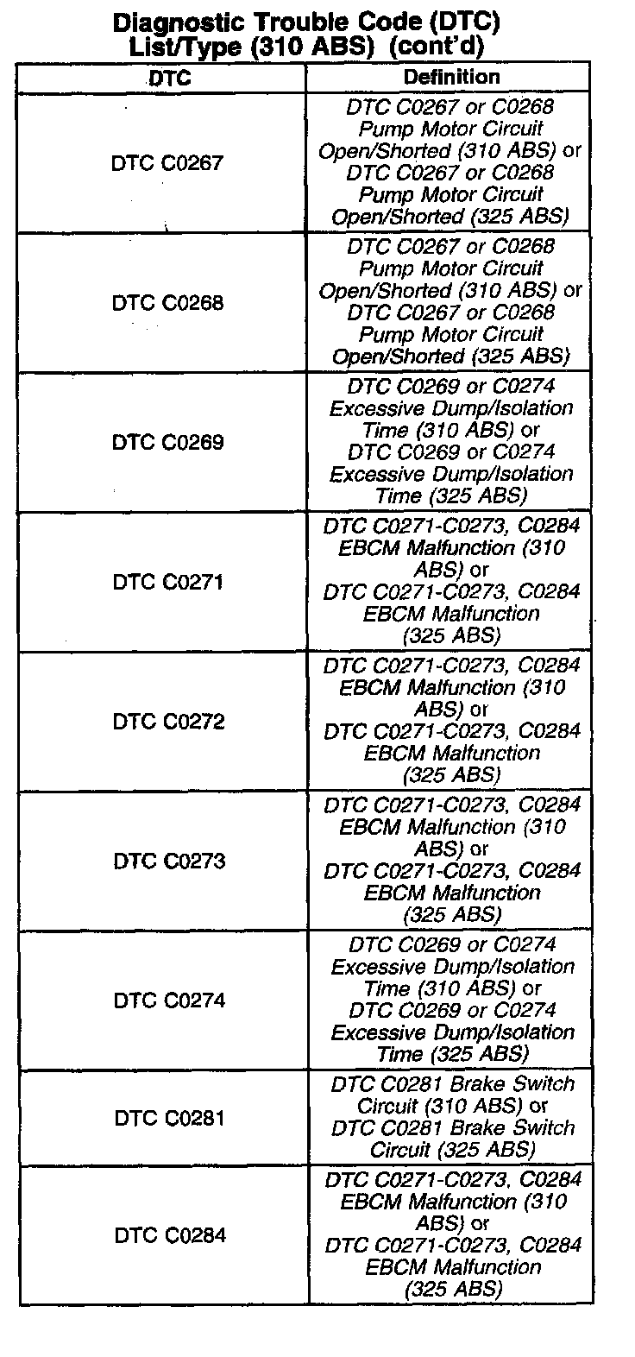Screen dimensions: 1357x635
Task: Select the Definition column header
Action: click(451, 77)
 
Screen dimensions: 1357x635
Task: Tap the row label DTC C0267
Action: click(167, 163)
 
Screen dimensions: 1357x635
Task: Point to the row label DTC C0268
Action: click(167, 303)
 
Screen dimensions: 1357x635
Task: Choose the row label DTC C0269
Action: click(167, 443)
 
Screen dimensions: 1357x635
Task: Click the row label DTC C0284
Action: click(170, 1236)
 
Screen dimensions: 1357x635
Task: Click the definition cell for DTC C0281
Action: click(452, 1117)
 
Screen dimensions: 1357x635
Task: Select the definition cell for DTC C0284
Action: click(453, 1234)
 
